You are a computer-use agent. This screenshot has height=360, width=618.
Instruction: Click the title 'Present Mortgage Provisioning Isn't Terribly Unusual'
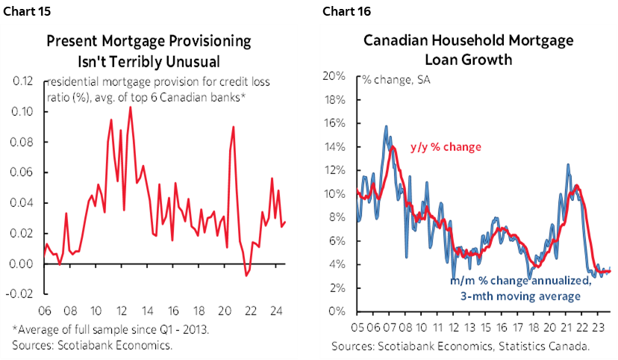click(x=160, y=50)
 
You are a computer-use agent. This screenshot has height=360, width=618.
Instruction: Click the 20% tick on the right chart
click(x=333, y=76)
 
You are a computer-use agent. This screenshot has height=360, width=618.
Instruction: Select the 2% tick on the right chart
click(x=336, y=288)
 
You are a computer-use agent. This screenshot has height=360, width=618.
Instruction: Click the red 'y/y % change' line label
click(x=446, y=146)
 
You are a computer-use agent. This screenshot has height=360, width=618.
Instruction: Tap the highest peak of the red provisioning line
click(x=131, y=107)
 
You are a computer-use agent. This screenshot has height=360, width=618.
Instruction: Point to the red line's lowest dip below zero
click(x=246, y=276)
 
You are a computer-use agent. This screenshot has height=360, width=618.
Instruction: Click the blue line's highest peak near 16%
click(x=386, y=126)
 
